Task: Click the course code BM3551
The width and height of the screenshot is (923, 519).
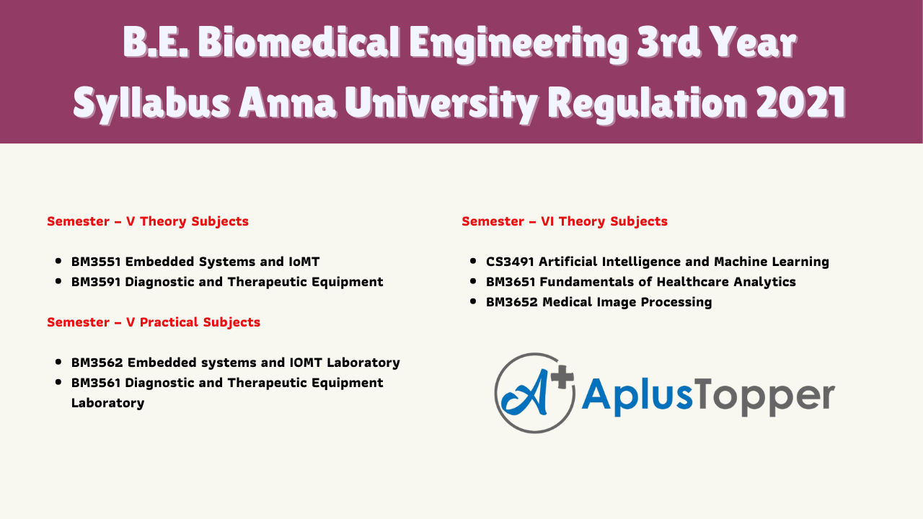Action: point(96,262)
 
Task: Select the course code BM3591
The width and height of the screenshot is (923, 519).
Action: point(96,282)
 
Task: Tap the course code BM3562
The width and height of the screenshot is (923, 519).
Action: point(97,363)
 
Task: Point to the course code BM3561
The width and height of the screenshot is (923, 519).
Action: point(96,383)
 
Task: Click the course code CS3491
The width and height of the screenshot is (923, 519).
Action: point(510,262)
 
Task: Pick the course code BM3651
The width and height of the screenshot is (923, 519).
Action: point(511,282)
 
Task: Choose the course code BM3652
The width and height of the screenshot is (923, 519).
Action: point(512,302)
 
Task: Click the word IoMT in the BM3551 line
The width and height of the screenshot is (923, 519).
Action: point(304,262)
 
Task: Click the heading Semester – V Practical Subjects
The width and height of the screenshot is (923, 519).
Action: point(154,322)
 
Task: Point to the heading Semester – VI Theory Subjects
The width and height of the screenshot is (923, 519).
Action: point(565,221)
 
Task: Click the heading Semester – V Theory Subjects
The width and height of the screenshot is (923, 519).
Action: point(148,221)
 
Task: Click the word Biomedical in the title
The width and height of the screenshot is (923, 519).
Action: point(299,42)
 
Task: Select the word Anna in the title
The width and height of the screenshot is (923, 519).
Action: point(286,103)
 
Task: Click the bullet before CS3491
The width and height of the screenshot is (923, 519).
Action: point(472,261)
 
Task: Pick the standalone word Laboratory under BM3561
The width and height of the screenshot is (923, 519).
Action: point(107,403)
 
